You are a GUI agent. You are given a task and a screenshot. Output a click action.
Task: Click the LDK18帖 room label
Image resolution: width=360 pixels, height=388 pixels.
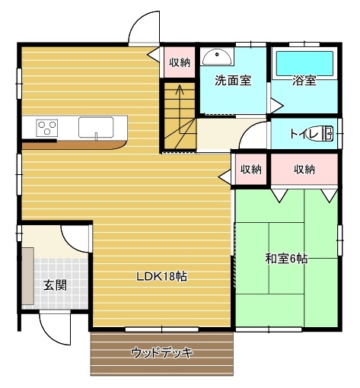(x=162, y=276)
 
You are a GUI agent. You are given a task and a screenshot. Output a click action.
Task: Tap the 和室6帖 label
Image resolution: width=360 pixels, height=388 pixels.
(x=286, y=259)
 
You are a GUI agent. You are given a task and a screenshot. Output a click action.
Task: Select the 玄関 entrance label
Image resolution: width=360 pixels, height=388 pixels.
(x=56, y=285)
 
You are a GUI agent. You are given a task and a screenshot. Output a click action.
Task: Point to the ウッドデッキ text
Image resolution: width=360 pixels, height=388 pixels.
(x=162, y=352)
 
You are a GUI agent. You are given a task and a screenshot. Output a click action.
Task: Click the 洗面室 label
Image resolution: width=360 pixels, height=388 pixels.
(x=233, y=81)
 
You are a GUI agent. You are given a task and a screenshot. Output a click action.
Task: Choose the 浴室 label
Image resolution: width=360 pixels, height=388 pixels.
(x=304, y=81)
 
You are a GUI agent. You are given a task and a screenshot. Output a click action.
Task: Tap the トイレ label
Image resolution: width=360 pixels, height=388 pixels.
(x=304, y=134)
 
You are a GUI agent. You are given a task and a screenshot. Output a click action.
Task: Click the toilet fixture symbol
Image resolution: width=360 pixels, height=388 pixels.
(x=320, y=133)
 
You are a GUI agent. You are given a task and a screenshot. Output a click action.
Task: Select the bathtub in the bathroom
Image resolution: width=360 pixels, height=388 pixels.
(x=304, y=63)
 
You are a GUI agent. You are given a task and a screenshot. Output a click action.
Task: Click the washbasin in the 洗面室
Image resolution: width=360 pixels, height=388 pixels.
(x=217, y=57)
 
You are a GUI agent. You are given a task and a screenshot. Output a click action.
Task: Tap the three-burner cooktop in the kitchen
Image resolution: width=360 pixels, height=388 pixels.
(x=47, y=128)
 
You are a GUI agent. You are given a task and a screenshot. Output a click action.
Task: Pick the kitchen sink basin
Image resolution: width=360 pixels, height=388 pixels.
(x=96, y=127)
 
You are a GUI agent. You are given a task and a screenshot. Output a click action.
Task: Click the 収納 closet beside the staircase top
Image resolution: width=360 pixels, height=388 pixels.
(x=180, y=62)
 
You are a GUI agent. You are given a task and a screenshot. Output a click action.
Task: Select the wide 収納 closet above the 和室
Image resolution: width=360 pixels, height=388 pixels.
(x=304, y=169)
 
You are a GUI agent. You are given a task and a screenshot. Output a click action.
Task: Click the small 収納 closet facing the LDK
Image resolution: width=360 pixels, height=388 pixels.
(x=251, y=169)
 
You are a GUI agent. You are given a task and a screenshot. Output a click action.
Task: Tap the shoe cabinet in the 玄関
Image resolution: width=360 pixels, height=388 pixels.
(x=27, y=276)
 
